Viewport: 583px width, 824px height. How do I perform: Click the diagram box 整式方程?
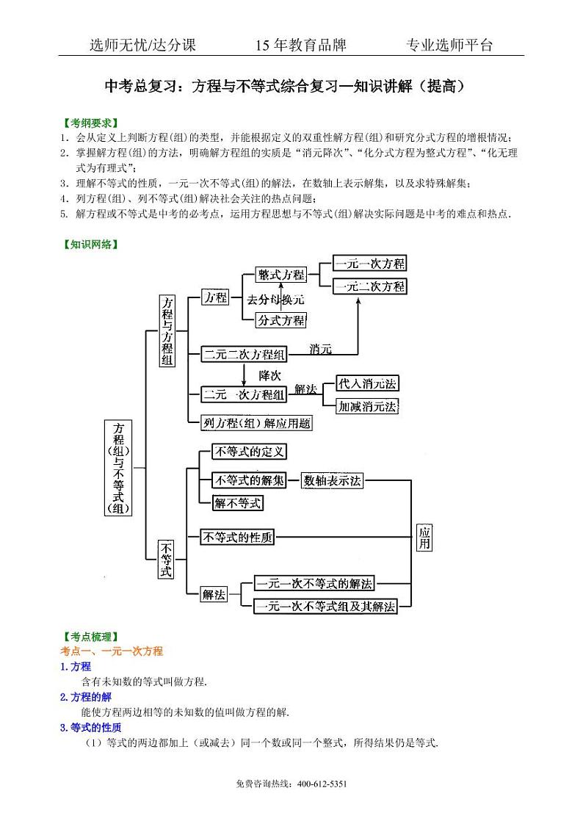[280, 275]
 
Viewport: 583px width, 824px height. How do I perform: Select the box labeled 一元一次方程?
[369, 264]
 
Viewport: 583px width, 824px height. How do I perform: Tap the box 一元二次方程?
[369, 286]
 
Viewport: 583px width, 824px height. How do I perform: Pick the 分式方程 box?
[280, 320]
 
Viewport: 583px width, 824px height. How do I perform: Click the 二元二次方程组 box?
[245, 354]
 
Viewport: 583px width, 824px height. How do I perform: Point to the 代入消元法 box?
[368, 383]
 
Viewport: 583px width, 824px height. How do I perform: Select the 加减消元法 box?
[368, 405]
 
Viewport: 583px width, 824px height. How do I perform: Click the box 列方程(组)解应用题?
[256, 423]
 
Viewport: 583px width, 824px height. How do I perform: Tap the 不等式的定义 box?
[248, 452]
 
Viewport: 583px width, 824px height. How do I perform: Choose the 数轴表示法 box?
[333, 480]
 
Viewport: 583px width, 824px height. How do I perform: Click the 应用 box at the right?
[424, 538]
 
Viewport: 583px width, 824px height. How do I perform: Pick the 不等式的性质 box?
[237, 537]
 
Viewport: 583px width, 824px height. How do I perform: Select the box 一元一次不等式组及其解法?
[325, 607]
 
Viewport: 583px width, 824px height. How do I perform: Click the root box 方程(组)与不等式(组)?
[118, 468]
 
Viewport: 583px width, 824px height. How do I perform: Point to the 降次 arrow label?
[269, 375]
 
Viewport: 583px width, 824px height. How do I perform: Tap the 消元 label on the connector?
[321, 347]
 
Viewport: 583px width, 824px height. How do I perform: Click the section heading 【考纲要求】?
[90, 123]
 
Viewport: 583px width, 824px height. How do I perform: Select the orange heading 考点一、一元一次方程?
[111, 651]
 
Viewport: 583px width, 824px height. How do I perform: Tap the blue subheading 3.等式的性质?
[90, 728]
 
